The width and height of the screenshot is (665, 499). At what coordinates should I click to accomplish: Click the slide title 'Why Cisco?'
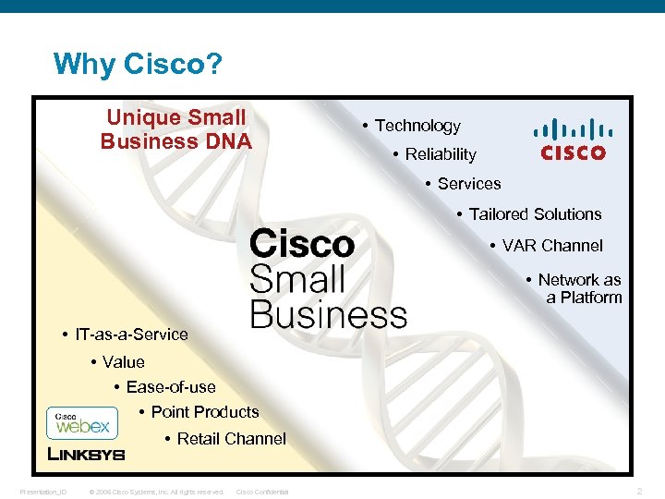tap(136, 65)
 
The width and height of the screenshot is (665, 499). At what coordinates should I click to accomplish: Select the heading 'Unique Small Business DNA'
tap(175, 129)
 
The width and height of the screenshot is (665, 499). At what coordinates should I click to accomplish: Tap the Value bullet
tap(123, 362)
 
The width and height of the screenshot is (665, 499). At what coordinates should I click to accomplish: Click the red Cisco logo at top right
tap(573, 140)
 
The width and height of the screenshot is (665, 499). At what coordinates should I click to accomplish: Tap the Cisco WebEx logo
tap(82, 423)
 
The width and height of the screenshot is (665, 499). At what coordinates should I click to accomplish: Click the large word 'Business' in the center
tap(328, 313)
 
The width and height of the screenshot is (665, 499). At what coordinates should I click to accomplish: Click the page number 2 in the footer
tap(640, 491)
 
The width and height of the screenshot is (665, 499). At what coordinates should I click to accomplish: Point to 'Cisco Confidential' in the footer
tap(262, 492)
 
